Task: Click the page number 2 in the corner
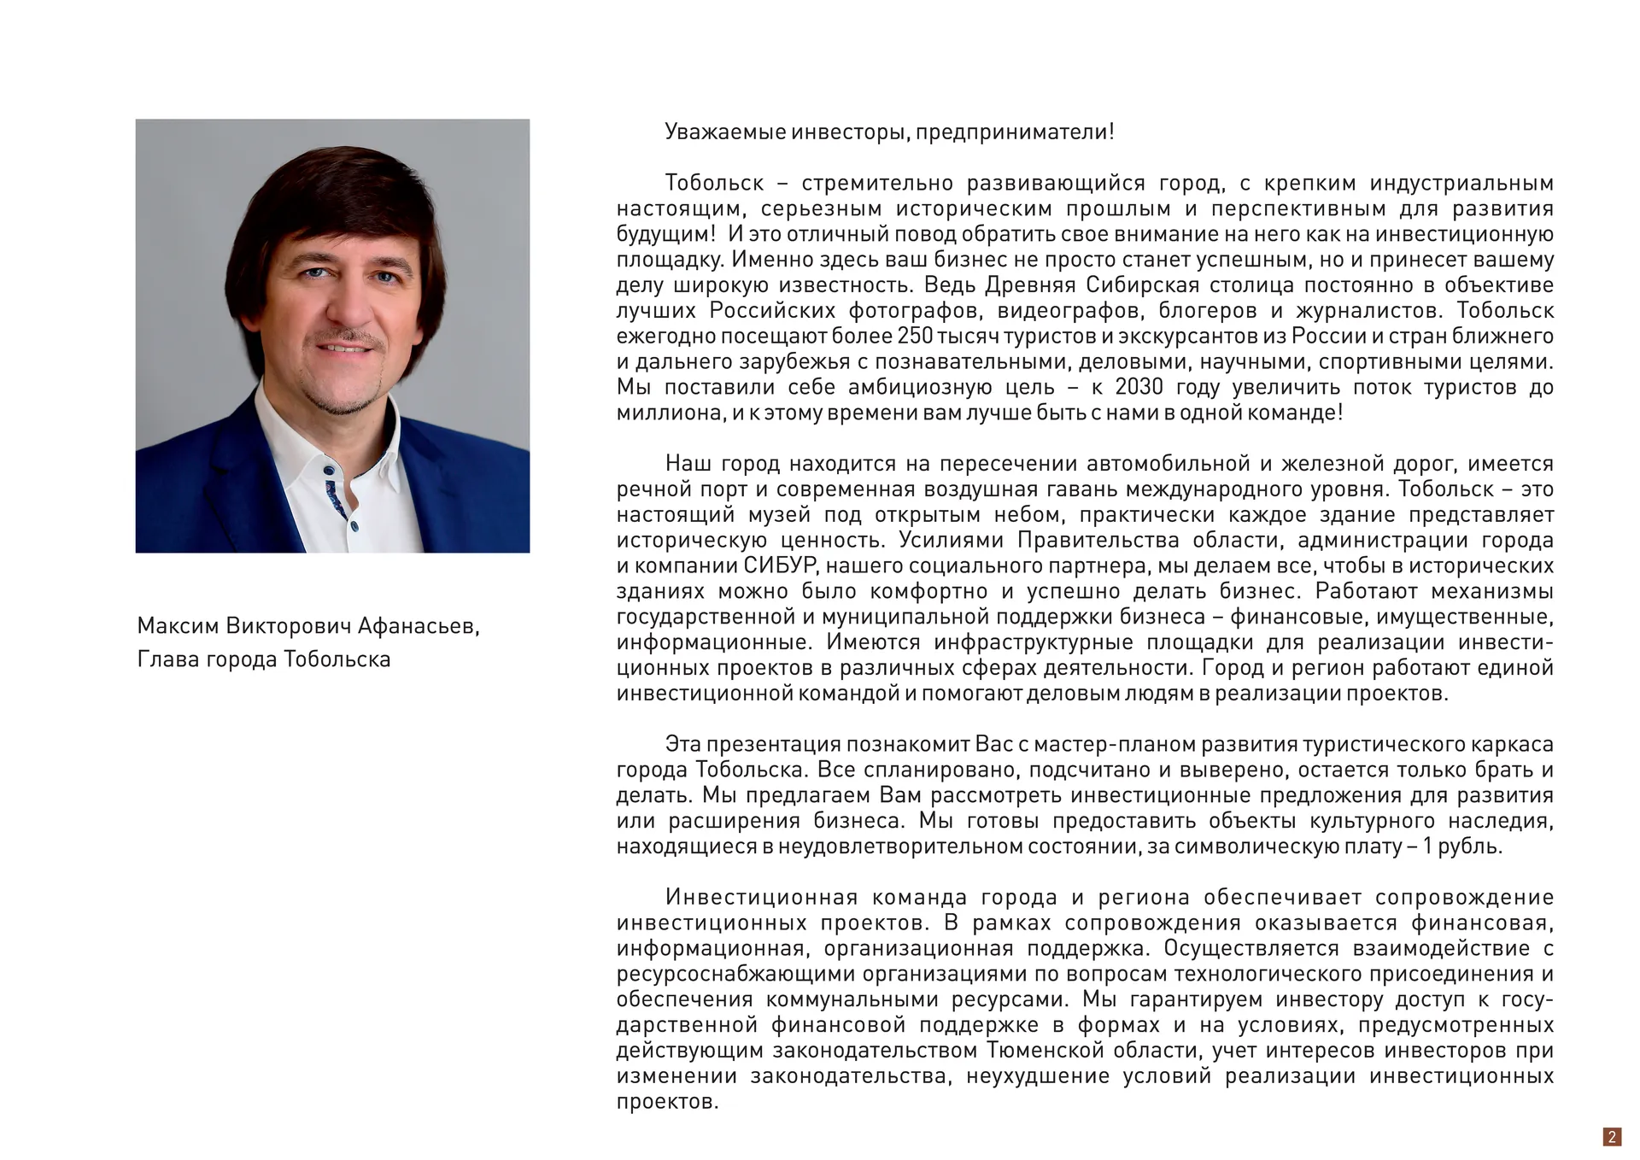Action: coord(1612,1136)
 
